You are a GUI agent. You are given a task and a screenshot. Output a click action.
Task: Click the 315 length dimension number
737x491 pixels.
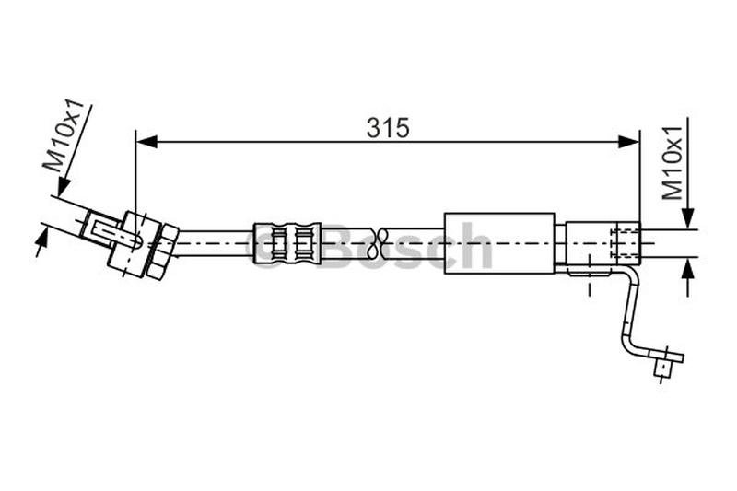388,128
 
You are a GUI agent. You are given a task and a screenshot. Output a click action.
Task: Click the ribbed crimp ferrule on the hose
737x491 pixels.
287,243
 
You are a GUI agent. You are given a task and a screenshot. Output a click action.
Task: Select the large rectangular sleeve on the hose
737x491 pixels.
498,243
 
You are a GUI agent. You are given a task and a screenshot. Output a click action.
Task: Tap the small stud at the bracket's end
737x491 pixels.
661,368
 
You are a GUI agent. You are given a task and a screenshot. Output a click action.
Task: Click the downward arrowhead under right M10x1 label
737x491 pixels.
687,217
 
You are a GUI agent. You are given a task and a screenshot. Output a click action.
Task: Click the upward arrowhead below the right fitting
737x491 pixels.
687,268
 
